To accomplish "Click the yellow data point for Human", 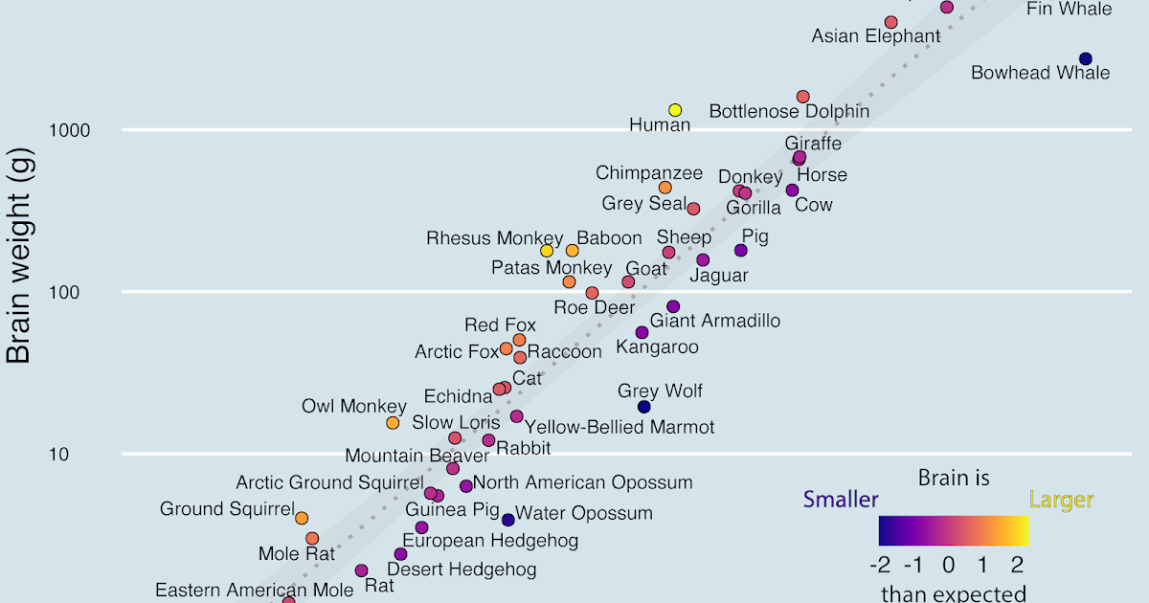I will [675, 110].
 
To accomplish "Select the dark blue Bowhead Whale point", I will [1085, 58].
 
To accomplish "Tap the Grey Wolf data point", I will [644, 407].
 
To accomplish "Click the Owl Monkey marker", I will [393, 423].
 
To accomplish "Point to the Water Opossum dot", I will [508, 520].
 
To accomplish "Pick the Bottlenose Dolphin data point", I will [803, 97].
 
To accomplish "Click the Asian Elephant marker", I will [891, 22].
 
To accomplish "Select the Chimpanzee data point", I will [665, 188].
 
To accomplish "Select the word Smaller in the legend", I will [841, 500].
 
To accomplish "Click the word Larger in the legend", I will [1061, 500].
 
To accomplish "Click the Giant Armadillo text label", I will [715, 321].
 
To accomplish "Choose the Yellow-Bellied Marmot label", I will [620, 427].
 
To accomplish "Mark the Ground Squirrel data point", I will [302, 518].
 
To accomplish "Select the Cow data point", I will [792, 190].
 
